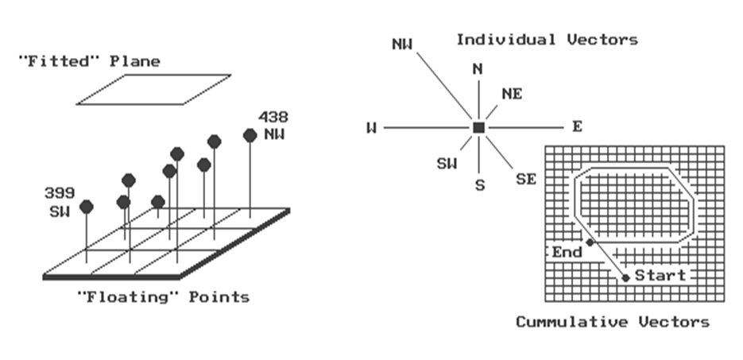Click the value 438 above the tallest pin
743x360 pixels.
[x=273, y=117]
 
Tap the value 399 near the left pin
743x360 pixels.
[x=59, y=193]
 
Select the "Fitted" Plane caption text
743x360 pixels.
[x=88, y=61]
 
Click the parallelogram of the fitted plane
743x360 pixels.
[x=154, y=89]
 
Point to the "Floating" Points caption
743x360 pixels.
[x=162, y=297]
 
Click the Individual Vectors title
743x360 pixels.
[x=547, y=39]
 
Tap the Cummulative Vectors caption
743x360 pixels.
[x=612, y=322]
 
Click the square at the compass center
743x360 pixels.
[x=478, y=127]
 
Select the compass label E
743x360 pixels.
[x=576, y=127]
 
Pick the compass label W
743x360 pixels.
[x=371, y=128]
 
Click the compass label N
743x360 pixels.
[x=478, y=69]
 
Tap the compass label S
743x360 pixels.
[x=478, y=185]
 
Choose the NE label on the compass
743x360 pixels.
[x=512, y=94]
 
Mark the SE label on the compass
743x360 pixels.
[x=526, y=179]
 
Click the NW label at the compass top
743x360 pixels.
[x=403, y=43]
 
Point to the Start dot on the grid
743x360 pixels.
[x=626, y=277]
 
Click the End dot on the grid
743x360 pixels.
[x=590, y=242]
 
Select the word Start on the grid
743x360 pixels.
[x=660, y=276]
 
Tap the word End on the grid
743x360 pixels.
[x=567, y=252]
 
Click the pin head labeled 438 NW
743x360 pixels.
[x=250, y=136]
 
